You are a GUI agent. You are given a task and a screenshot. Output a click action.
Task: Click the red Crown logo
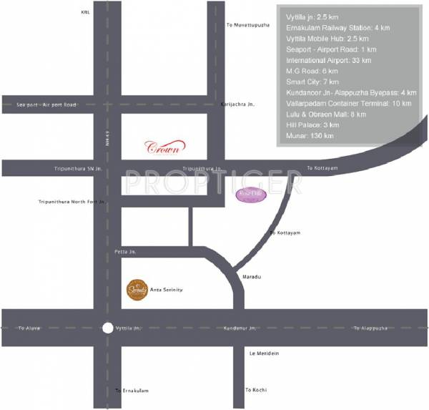click(166, 147)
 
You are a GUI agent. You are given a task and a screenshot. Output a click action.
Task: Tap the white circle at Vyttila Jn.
click(107, 328)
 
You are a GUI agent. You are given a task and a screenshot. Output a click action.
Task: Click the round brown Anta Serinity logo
click(136, 289)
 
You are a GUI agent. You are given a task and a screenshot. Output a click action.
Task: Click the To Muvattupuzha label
click(247, 25)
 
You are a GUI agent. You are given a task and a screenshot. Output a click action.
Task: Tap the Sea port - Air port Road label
click(46, 105)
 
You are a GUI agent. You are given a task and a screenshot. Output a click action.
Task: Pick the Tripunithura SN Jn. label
click(79, 168)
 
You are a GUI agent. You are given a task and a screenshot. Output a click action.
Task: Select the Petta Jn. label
click(124, 252)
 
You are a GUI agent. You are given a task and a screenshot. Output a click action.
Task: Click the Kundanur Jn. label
click(240, 328)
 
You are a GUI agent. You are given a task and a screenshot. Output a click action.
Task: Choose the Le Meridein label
click(263, 353)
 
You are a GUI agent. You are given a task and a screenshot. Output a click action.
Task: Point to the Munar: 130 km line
click(309, 136)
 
